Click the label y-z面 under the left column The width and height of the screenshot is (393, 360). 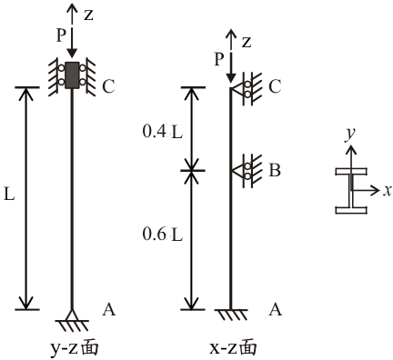[74, 348]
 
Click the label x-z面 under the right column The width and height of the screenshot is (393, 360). [233, 348]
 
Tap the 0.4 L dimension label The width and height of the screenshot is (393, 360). [163, 132]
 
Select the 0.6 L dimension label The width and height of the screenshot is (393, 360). [163, 235]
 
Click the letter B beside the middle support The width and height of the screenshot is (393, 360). [275, 170]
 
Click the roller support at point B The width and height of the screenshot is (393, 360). [247, 171]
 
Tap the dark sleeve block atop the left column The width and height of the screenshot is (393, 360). [72, 75]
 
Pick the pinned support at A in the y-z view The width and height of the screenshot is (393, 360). [72, 320]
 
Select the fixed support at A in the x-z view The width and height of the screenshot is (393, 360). [231, 315]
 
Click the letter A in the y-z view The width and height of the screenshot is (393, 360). [109, 310]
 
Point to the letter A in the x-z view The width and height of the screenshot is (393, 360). [276, 310]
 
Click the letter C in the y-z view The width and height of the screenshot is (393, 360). [108, 86]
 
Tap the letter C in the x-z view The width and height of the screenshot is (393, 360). [275, 86]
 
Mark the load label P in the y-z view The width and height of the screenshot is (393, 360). [61, 35]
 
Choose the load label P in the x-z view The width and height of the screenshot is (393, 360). [219, 59]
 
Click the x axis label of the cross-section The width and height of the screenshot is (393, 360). [387, 191]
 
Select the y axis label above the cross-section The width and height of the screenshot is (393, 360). [350, 135]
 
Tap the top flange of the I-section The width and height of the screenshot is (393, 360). [351, 172]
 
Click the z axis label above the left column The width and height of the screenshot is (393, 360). [88, 15]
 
